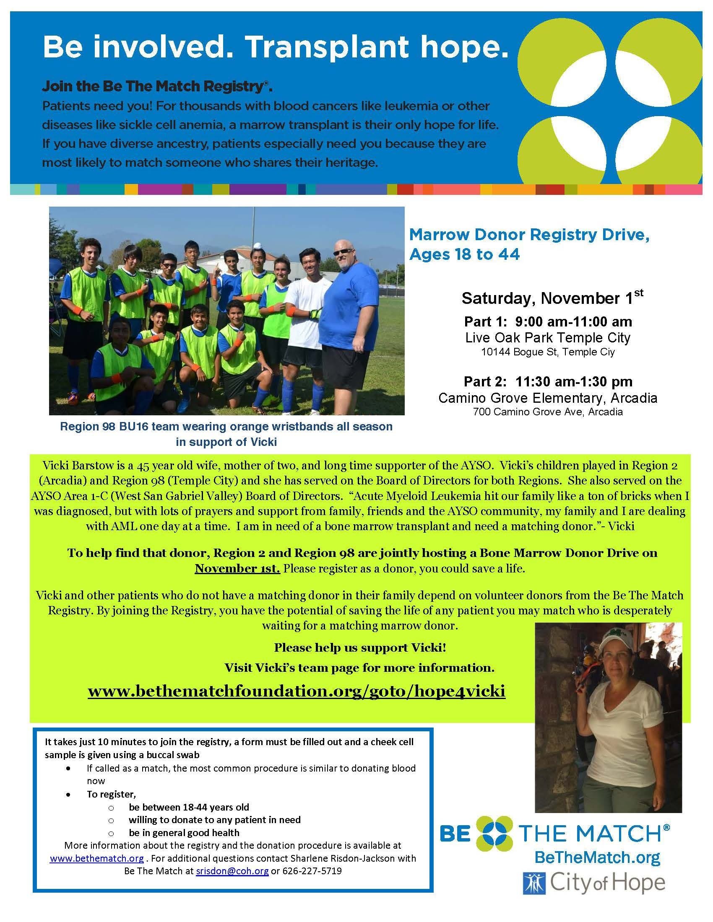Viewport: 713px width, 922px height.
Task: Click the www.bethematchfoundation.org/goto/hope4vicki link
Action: point(297,691)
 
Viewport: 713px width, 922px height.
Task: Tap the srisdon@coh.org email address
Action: point(232,871)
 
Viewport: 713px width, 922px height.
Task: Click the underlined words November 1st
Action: point(237,568)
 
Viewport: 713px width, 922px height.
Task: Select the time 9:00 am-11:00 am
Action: point(573,322)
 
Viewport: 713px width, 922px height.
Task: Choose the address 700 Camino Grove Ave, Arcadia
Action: point(548,412)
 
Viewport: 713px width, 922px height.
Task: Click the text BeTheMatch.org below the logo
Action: point(597,857)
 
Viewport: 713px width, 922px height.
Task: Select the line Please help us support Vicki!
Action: point(360,647)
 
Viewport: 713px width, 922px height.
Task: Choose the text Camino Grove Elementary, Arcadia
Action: point(548,398)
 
